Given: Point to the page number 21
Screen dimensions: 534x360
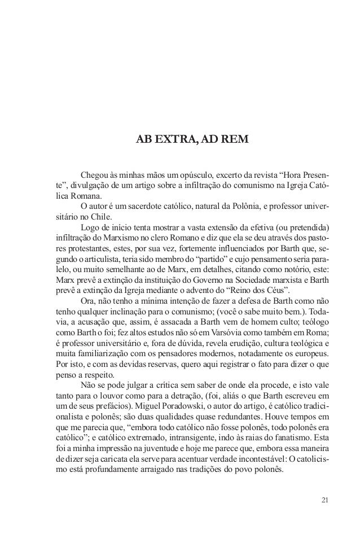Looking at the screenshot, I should pyautogui.click(x=323, y=501).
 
